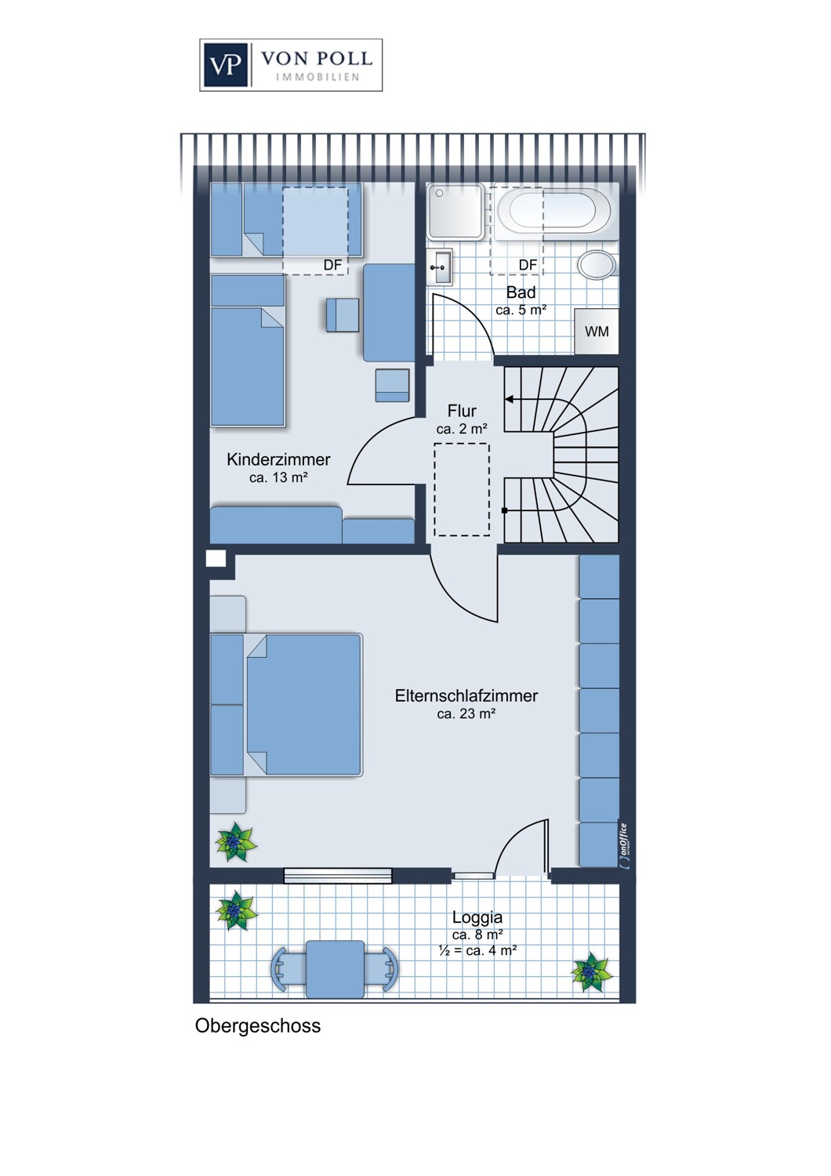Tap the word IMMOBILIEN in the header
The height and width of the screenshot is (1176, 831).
coord(318,77)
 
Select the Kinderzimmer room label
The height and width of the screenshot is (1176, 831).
coord(278,459)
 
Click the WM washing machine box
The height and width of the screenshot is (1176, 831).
coord(597,332)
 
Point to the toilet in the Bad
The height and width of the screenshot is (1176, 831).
coord(598,265)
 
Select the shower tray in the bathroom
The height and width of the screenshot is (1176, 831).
coord(455,211)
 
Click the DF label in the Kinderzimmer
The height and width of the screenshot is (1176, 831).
coord(332,265)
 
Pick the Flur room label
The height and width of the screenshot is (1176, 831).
coord(462,411)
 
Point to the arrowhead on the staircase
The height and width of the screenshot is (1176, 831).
coord(509,400)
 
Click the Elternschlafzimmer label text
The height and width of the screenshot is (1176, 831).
coord(466,696)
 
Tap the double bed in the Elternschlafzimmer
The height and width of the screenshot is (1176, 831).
coord(286,705)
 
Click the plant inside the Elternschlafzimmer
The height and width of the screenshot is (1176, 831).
coord(236,842)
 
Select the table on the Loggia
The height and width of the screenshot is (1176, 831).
coord(335,970)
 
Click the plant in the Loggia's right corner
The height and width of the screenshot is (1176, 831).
coord(592,972)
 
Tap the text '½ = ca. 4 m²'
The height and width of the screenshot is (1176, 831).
coord(477,950)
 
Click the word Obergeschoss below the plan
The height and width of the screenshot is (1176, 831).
coord(258,1025)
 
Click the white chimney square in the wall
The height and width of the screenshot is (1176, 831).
coord(216,558)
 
